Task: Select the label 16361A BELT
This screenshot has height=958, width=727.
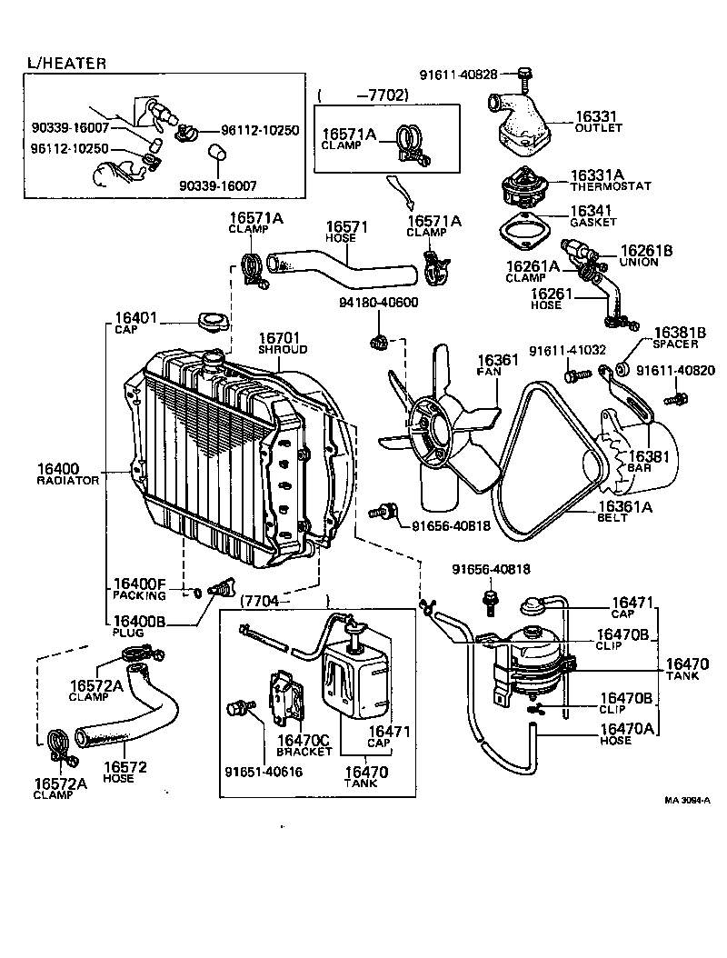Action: pyautogui.click(x=625, y=513)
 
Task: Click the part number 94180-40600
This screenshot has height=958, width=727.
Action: pyautogui.click(x=378, y=302)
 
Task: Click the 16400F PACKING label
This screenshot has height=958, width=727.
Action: pyautogui.click(x=139, y=589)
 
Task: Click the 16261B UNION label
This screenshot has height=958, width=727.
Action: pyautogui.click(x=646, y=254)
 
